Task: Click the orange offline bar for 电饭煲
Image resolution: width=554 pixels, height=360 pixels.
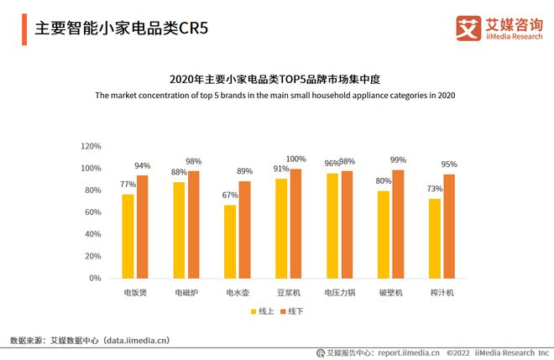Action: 143,227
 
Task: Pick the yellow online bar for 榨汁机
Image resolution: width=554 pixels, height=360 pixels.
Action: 434,238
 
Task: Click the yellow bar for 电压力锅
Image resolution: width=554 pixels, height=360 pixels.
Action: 332,226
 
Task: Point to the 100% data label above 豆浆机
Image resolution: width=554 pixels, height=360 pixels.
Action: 296,159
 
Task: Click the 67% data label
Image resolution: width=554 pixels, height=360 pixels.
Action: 230,196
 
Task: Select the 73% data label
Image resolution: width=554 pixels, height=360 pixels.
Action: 434,189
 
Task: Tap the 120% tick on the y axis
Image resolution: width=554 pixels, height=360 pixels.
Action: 91,146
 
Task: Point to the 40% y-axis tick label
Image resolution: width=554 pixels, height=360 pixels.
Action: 92,234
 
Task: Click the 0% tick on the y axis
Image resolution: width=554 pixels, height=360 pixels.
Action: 96,279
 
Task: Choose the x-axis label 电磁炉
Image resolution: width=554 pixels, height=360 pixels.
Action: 186,293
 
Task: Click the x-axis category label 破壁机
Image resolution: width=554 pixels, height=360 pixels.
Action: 390,293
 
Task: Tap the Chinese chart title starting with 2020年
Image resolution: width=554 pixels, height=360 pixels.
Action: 275,80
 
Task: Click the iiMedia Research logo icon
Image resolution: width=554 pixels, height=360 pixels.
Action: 468,27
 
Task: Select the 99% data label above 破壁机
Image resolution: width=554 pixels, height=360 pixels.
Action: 398,160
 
